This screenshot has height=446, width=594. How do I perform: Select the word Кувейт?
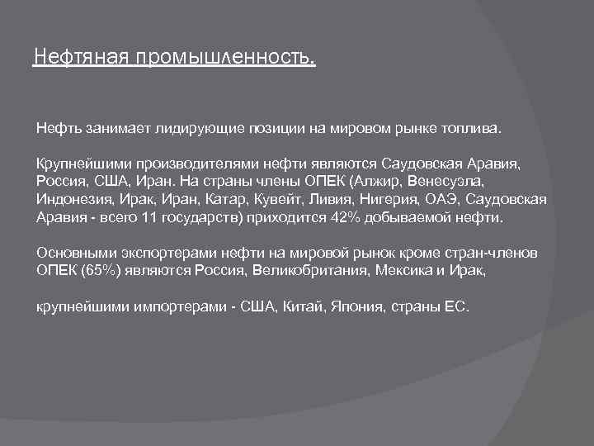pos(266,199)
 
